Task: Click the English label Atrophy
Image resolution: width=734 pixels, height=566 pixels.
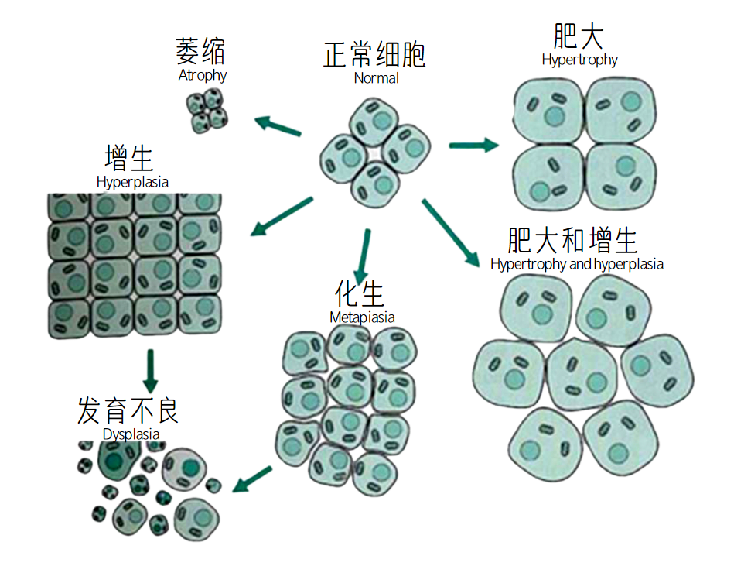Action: coord(203,75)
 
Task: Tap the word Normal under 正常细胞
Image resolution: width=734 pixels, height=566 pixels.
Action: coord(377,77)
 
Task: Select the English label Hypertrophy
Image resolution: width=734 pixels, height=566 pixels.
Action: coord(579,60)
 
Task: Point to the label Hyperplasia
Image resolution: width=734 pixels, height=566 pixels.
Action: coord(132,182)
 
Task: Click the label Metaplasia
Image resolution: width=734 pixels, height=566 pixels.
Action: coord(362,317)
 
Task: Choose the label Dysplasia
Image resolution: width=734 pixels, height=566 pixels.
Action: coord(131,434)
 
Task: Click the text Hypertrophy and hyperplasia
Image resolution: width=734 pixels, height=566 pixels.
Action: coord(576,264)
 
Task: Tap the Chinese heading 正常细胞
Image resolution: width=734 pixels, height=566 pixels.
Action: coord(374,55)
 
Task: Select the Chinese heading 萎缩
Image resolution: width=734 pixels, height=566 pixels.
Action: coord(201,53)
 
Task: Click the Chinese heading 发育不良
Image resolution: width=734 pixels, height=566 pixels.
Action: coord(128,410)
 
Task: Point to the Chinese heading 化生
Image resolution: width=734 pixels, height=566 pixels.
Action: coord(360,294)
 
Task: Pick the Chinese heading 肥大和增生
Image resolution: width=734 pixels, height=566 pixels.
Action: coord(573,240)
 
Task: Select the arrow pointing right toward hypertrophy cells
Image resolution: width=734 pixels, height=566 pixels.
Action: coord(474,144)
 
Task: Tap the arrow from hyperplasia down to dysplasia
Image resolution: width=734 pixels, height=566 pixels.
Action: coord(151,370)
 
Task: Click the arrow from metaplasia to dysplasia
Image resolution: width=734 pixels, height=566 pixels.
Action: coord(253,479)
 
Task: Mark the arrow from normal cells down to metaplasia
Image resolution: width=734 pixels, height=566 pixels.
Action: coord(362,256)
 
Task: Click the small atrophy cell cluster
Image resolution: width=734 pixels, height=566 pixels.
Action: coord(207,111)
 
